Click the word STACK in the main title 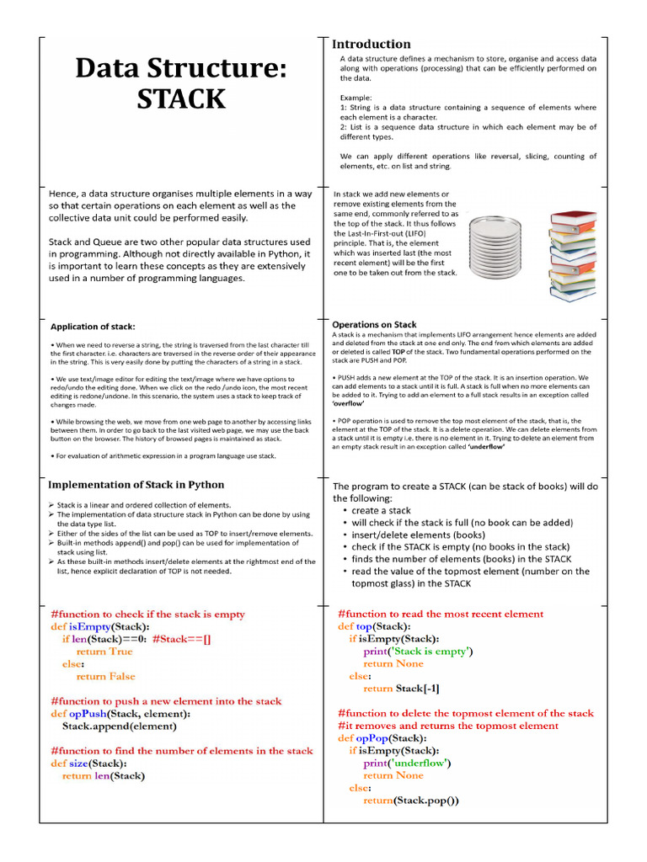coord(181,99)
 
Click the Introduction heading coord(372,44)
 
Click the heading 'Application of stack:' coord(93,327)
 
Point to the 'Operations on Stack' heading coord(374,324)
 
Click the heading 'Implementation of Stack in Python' coord(136,484)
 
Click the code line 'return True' coord(104,652)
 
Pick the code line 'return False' coord(105,676)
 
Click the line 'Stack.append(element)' coord(119,725)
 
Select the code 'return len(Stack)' coord(104,775)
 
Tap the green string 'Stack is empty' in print coord(430,651)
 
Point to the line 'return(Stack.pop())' coord(411,800)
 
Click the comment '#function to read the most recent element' coord(441,614)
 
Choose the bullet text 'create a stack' coord(382,510)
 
